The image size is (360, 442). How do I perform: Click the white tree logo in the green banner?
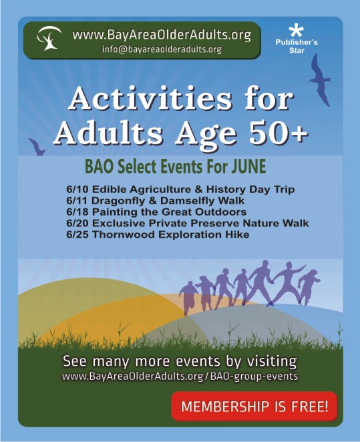click(x=49, y=38)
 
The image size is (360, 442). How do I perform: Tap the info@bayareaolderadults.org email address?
click(x=162, y=49)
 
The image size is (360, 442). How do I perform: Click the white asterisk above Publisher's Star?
click(x=297, y=31)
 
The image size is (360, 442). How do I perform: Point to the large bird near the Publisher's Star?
click(x=320, y=80)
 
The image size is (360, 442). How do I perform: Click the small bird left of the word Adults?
click(x=37, y=147)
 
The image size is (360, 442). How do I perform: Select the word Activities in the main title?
click(x=150, y=98)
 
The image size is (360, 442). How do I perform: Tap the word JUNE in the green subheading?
click(x=248, y=166)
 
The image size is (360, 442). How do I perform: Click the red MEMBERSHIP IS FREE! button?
click(x=254, y=406)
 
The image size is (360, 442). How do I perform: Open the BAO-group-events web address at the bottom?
click(x=180, y=377)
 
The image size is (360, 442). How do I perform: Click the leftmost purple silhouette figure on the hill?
click(x=188, y=298)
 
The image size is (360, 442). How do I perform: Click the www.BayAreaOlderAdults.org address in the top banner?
click(x=162, y=35)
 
